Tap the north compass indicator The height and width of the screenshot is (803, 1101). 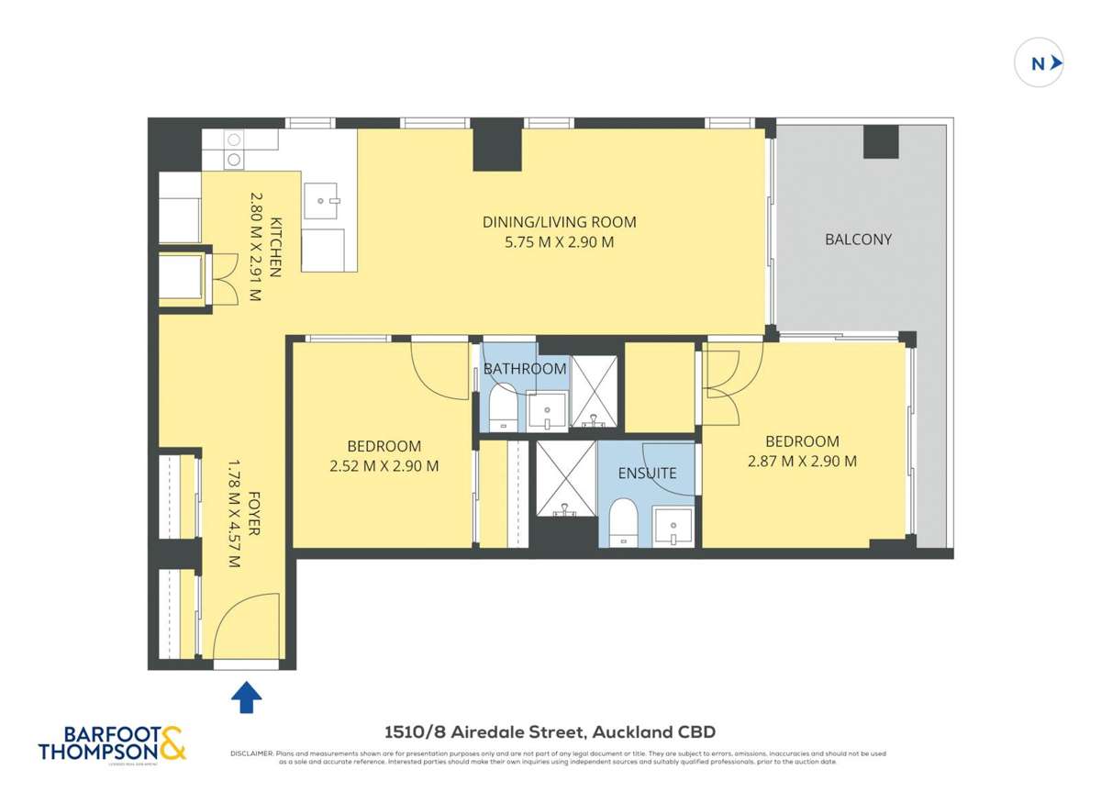pos(1040,63)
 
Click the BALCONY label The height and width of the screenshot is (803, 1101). pos(858,240)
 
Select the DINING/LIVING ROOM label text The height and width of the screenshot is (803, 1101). pos(559,222)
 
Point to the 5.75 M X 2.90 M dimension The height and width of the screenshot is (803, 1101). pos(559,243)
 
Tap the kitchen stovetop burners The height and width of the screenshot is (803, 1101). pos(234,150)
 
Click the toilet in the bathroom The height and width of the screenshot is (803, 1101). pos(502,407)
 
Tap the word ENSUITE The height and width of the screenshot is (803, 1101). pos(647,474)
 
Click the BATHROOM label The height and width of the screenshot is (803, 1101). pos(525,369)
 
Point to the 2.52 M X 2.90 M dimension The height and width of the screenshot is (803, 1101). pos(384,466)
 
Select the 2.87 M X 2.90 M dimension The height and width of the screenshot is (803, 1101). pos(802,462)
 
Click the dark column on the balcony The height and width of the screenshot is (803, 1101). pos(881,142)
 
